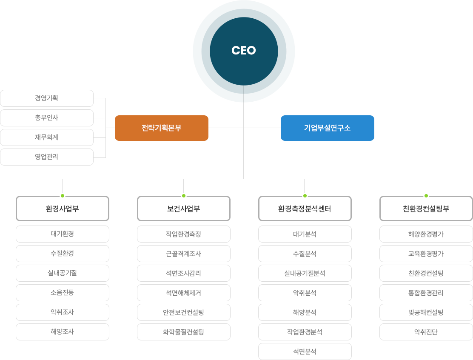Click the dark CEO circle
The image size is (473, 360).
coord(244,51)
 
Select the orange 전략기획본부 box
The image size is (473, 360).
coord(161,128)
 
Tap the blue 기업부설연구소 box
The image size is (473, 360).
coord(327,128)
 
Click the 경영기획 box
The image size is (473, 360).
coord(47,98)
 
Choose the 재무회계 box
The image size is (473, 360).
coord(47,137)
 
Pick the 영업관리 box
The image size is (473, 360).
coord(47,157)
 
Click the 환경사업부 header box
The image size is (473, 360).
coord(63,209)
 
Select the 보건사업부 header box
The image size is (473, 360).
coord(184,209)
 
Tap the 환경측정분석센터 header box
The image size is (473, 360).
coord(305,209)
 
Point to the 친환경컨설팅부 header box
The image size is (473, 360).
coord(426,209)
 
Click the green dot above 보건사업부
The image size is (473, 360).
coord(184,196)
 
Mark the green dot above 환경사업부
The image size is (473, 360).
coord(63,196)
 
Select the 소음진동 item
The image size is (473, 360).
coord(63,293)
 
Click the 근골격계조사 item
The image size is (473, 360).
coord(184,254)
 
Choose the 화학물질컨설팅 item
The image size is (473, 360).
coord(184,332)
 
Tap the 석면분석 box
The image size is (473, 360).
coord(305,351)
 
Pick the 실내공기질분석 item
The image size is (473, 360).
coord(305,273)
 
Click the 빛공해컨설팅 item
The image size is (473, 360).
coord(426,312)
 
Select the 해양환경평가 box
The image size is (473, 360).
coord(426,234)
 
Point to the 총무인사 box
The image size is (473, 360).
coord(47,118)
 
